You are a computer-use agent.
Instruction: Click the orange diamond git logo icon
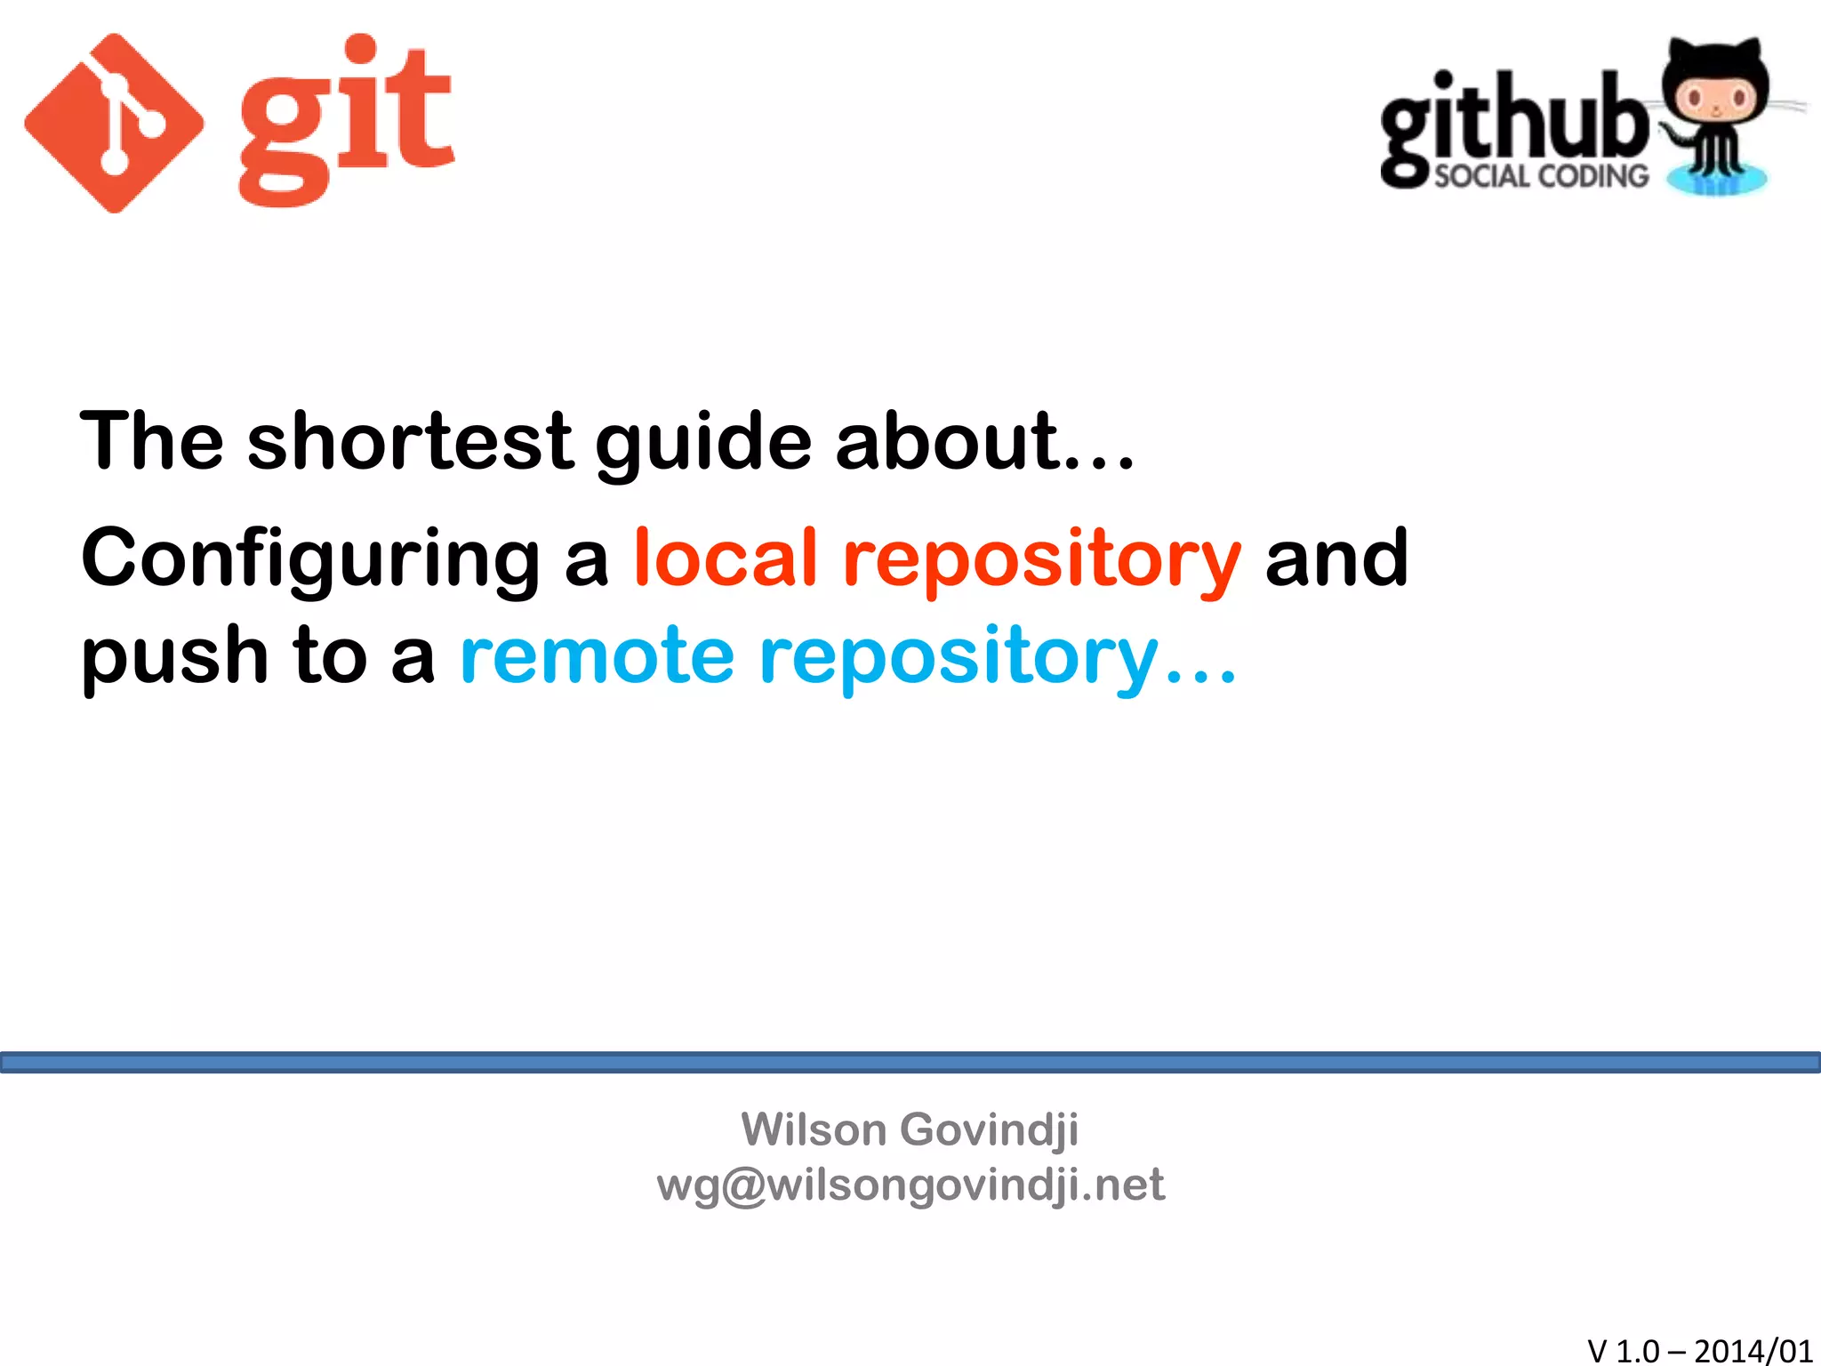(x=114, y=124)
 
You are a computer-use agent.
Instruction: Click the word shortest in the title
(x=410, y=441)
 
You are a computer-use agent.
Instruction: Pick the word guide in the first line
(x=703, y=443)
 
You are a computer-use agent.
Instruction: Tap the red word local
(x=725, y=558)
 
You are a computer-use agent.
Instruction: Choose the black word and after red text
(x=1336, y=558)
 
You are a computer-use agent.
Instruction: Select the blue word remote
(x=597, y=656)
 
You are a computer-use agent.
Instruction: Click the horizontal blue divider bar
(x=910, y=1062)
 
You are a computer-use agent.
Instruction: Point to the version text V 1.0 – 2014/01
(x=1699, y=1350)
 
